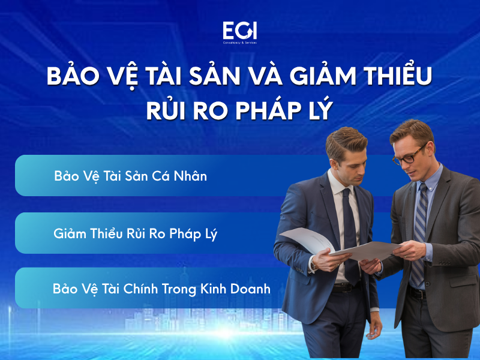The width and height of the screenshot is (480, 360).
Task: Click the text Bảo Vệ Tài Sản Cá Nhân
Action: (x=130, y=176)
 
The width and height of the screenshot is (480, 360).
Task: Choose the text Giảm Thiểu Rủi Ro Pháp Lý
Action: (x=135, y=233)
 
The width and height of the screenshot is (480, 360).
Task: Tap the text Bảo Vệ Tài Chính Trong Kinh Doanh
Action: (x=161, y=289)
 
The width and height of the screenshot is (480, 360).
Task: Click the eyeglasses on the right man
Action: (x=410, y=154)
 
